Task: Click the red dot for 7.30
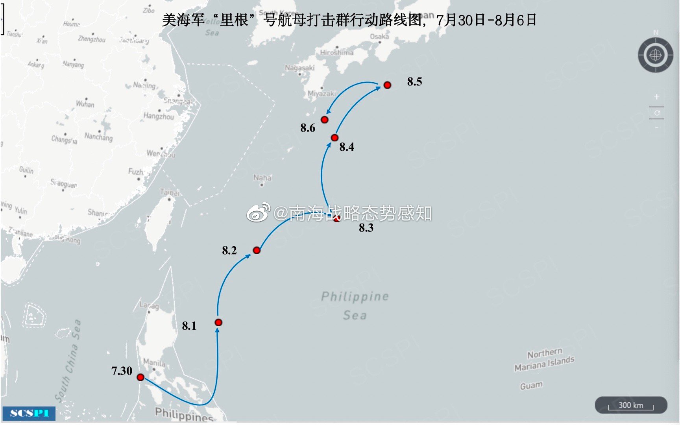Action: pyautogui.click(x=140, y=377)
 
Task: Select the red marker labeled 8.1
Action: pyautogui.click(x=218, y=323)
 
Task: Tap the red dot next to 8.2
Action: pyautogui.click(x=257, y=250)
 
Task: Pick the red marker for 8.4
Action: pyautogui.click(x=334, y=138)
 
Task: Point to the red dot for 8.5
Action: pyautogui.click(x=387, y=85)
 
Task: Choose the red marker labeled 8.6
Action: pyautogui.click(x=325, y=120)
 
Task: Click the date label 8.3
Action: pyautogui.click(x=366, y=228)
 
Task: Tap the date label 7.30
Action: pyautogui.click(x=122, y=371)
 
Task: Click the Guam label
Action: pyautogui.click(x=531, y=385)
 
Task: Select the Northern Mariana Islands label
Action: pyautogui.click(x=544, y=360)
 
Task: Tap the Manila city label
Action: pyautogui.click(x=154, y=362)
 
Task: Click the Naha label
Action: pyautogui.click(x=262, y=177)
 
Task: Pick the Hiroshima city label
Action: pyautogui.click(x=336, y=52)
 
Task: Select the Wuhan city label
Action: pyautogui.click(x=85, y=104)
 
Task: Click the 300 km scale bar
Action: pyautogui.click(x=631, y=405)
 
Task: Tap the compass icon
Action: pyautogui.click(x=655, y=55)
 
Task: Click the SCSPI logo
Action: pyautogui.click(x=29, y=413)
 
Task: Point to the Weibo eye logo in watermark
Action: pyautogui.click(x=258, y=213)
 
